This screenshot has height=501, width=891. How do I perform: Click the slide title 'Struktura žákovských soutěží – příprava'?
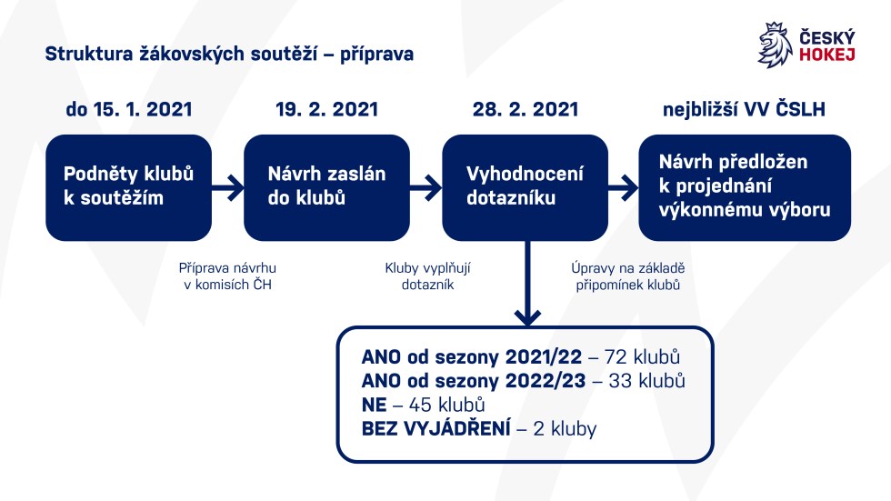tap(229, 55)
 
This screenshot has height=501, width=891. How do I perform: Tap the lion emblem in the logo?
tap(775, 45)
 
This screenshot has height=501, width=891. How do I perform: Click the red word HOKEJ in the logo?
tap(826, 55)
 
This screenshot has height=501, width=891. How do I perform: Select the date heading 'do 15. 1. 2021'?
tap(129, 109)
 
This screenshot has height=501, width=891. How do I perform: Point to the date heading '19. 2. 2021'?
tap(326, 109)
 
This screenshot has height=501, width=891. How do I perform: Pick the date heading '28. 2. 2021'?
tap(526, 109)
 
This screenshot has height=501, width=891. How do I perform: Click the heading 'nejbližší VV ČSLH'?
tap(744, 109)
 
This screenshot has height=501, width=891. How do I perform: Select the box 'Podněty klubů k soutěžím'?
tap(128, 187)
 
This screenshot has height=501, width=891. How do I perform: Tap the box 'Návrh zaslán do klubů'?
tap(326, 187)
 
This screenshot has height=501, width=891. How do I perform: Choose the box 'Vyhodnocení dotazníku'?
tap(526, 187)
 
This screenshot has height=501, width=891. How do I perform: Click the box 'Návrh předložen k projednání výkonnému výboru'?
tap(745, 187)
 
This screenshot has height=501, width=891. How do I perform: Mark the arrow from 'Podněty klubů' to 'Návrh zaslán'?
tap(228, 187)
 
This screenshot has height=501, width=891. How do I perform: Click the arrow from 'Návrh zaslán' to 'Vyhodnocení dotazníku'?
tap(425, 187)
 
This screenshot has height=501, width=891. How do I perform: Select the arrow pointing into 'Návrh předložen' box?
tap(624, 187)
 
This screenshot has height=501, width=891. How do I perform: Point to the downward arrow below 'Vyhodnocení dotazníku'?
tap(528, 283)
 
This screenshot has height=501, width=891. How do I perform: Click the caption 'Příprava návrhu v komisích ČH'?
tap(227, 276)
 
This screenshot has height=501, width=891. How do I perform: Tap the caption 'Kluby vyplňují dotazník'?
tap(427, 276)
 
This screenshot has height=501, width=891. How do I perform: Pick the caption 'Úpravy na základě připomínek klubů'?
tap(628, 276)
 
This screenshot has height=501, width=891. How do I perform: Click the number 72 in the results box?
tap(616, 356)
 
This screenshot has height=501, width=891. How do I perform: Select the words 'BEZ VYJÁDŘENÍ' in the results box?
tap(435, 428)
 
